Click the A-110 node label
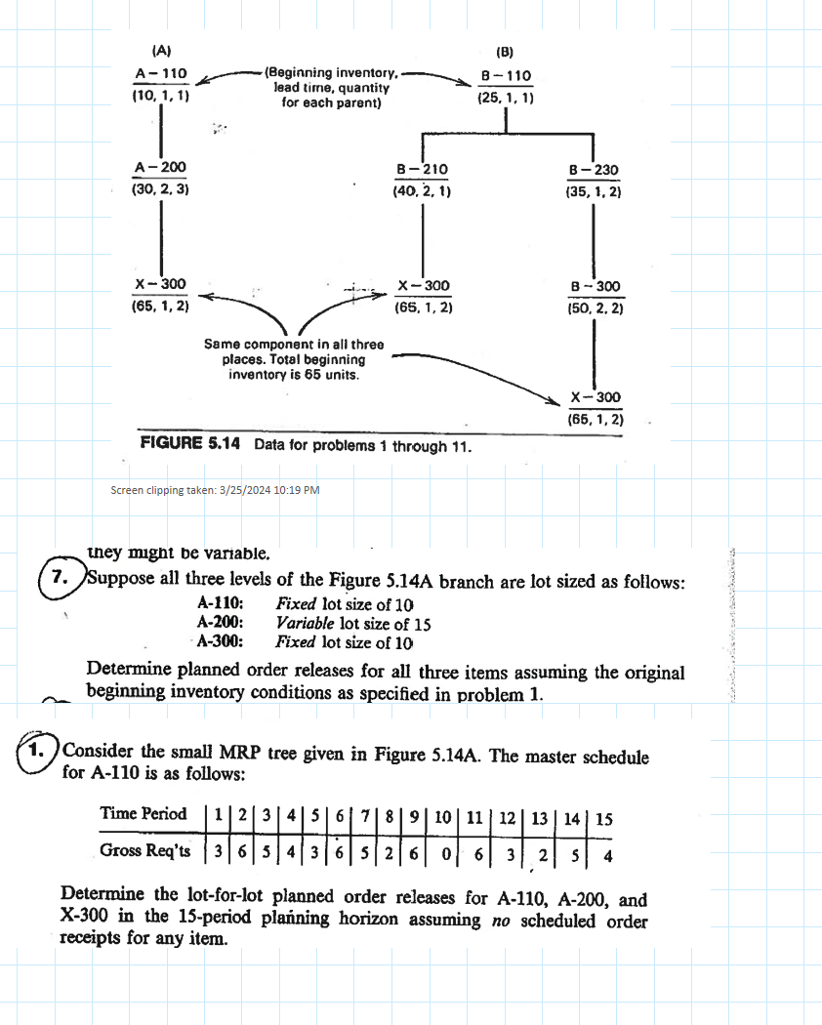tap(161, 74)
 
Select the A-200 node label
tap(160, 168)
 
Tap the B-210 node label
tap(421, 169)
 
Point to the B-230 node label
tap(594, 170)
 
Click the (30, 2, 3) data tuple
tap(160, 189)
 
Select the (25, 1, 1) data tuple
tap(505, 98)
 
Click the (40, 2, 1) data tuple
tap(421, 191)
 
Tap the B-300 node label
tap(595, 286)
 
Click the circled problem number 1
tap(37, 753)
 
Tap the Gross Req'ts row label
tap(144, 850)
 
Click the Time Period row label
tap(143, 814)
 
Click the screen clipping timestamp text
tap(216, 489)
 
